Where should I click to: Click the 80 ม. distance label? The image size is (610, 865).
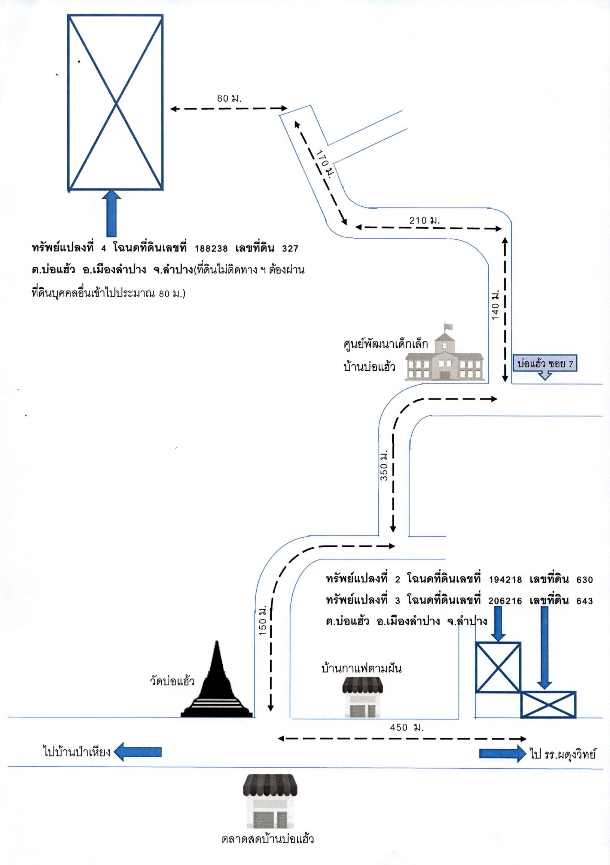coord(229,99)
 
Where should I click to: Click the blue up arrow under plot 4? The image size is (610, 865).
coord(112,213)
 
